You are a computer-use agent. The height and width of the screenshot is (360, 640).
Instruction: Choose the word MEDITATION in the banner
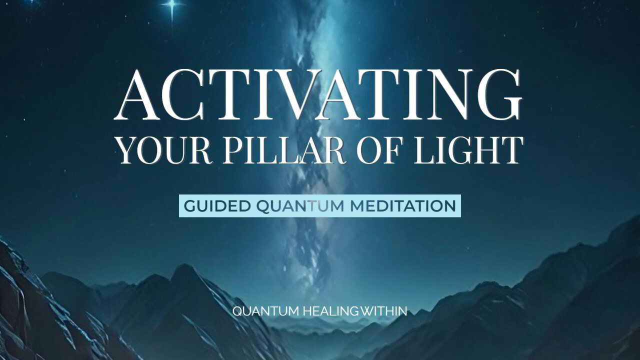coord(406,206)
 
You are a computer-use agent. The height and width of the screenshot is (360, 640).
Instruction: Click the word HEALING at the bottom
coord(330,311)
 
